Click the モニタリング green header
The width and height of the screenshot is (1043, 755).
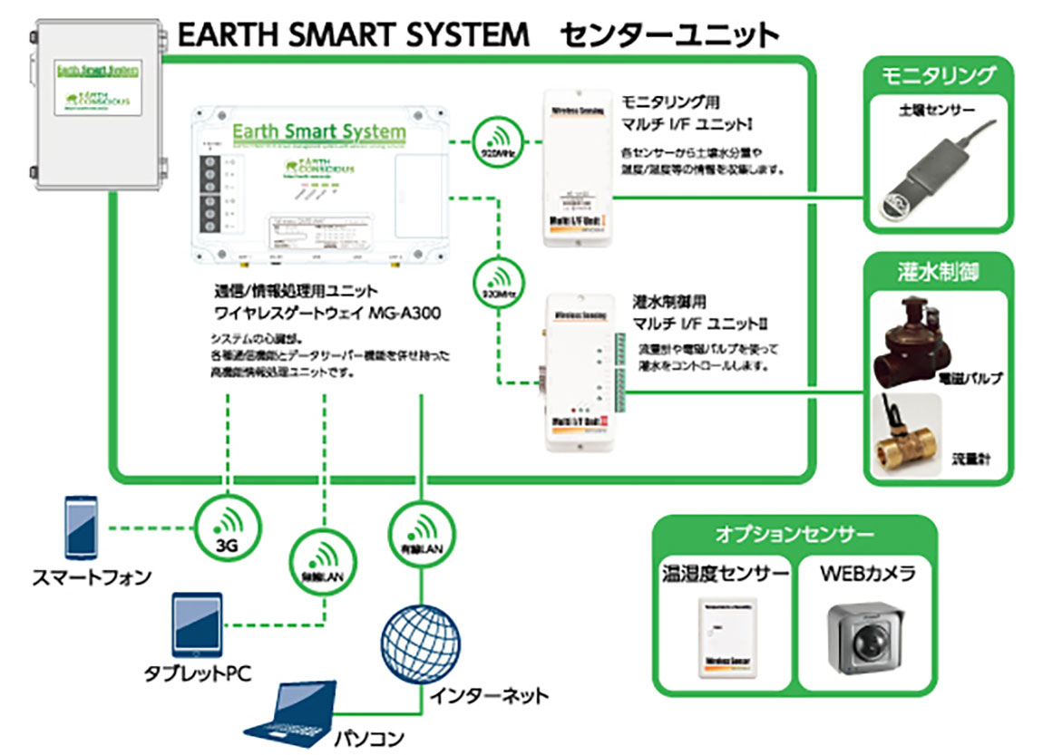tap(938, 75)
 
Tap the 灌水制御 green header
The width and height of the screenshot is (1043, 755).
tap(938, 270)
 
